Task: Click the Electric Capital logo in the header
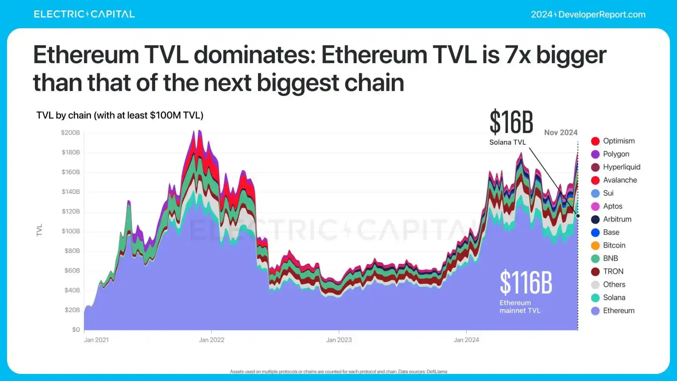click(x=84, y=14)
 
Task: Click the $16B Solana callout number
click(x=511, y=122)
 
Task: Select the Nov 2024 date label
click(x=561, y=132)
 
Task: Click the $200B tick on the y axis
click(x=71, y=132)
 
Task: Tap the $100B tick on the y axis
click(x=71, y=231)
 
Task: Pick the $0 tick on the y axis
click(x=76, y=330)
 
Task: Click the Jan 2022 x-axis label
click(x=212, y=340)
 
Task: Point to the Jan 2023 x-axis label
click(x=339, y=340)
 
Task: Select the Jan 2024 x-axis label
click(x=466, y=340)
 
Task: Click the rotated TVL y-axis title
click(x=39, y=230)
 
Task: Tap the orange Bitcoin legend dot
click(x=595, y=245)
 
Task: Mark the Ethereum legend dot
click(x=595, y=311)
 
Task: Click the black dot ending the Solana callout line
click(x=578, y=216)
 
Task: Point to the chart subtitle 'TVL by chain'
click(x=120, y=115)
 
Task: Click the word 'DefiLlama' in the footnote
click(x=437, y=372)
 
